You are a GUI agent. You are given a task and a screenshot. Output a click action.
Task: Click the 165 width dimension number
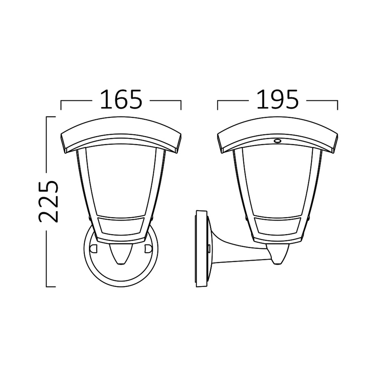[121, 99]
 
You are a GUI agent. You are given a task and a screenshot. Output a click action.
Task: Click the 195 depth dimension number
[278, 99]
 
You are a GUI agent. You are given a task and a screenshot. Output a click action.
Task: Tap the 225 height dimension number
[49, 201]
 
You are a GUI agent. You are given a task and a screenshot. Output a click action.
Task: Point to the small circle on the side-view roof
[278, 141]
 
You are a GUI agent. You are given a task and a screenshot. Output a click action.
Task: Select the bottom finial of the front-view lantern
[121, 255]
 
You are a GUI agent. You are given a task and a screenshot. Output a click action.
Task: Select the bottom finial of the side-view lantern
[278, 255]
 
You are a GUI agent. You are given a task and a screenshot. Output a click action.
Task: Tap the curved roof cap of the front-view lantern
[121, 135]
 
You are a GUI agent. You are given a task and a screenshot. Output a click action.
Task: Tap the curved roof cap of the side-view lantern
[278, 135]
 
